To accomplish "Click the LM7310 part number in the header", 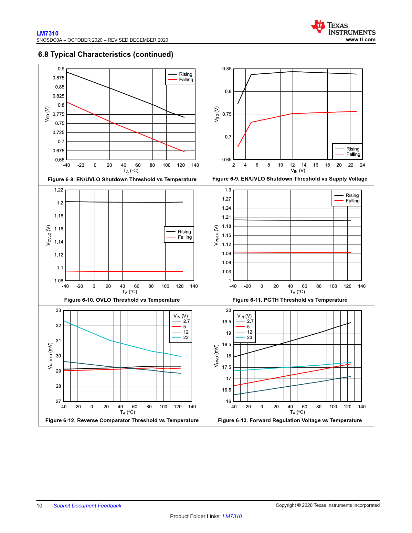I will coord(47,33).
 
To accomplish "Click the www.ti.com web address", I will coord(360,40).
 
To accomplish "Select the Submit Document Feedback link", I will coord(87,506).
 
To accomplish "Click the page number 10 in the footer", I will coord(39,506).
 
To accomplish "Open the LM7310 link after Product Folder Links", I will coord(232,516).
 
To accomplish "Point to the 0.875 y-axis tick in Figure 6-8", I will coord(58,78).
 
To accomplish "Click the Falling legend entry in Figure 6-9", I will coord(353,154).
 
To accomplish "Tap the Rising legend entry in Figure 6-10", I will coord(184,232).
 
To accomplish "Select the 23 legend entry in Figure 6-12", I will coord(186,337).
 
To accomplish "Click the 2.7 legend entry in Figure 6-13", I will coord(250,321).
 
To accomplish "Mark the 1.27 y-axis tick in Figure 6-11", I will coord(227,199).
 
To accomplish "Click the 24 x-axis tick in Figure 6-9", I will coord(363,165).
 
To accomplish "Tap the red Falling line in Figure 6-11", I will coord(291,252).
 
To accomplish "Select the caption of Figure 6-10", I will coord(122,300).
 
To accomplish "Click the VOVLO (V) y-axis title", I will coord(48,235).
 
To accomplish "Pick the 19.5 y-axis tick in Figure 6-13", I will coord(227,322).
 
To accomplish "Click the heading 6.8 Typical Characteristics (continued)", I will coord(106,54).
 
